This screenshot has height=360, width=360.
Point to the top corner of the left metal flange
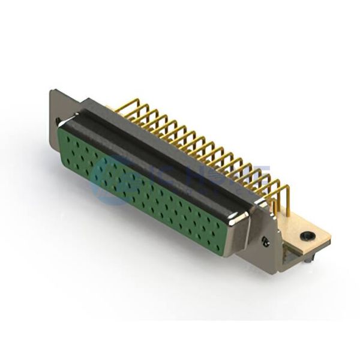[53, 92]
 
